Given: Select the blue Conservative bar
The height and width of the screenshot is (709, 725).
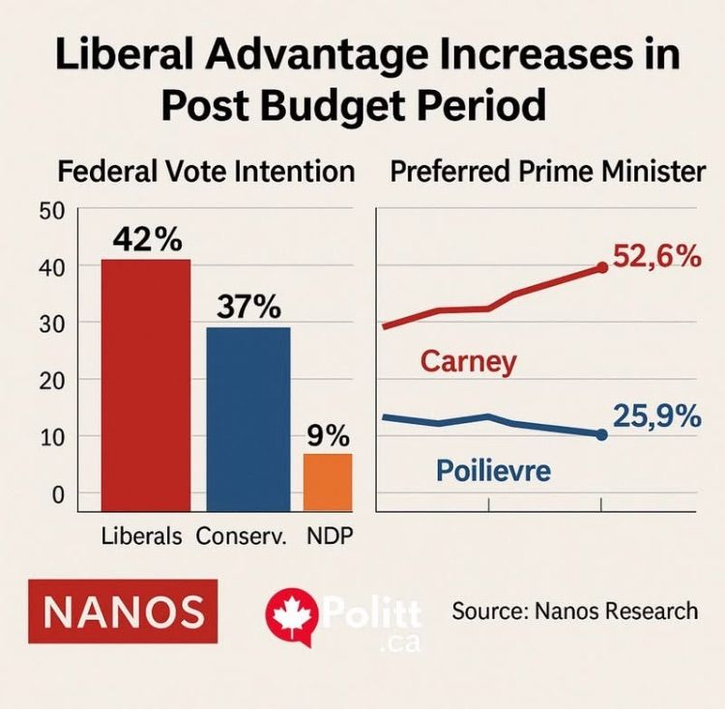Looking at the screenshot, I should coord(248,418).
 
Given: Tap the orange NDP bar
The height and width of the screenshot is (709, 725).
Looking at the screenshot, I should coord(328,481).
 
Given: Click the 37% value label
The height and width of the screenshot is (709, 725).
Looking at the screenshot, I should coord(248,308).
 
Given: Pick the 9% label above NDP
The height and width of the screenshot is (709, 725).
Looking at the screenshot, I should coord(329,436).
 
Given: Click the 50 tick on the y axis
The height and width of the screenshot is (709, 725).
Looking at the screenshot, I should coord(51,212).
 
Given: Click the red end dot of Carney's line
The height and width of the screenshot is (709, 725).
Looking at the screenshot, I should coord(602,267).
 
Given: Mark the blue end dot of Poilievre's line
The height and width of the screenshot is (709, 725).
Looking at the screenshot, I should coord(601,435).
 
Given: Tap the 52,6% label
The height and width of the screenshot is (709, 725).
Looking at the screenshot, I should coord(655,257).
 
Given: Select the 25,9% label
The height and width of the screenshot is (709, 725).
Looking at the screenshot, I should coord(656,417).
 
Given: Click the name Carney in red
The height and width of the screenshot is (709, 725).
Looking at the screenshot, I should coord(468,362).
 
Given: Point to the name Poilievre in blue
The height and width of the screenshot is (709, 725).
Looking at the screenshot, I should coord(493,471).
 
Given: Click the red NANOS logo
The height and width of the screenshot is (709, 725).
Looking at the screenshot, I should coord(125,611).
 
